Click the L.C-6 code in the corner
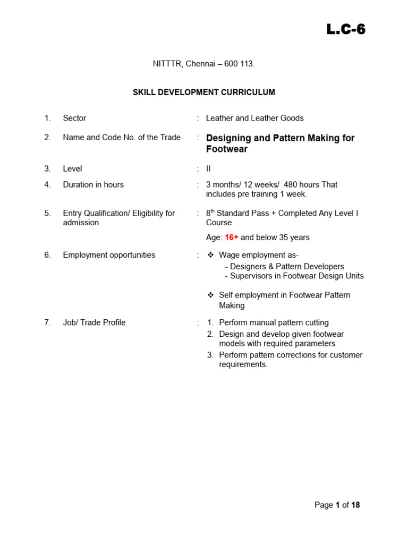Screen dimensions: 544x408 coord(346,30)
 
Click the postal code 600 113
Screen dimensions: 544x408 coord(239,64)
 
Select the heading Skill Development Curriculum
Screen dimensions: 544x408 coord(204,92)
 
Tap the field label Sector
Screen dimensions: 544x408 coord(74,118)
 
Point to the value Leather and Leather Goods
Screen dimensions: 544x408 coord(255,118)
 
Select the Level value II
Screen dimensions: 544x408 coord(209,168)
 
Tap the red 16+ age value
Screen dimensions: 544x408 coord(232,237)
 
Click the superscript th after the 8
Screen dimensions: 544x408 coord(212,211)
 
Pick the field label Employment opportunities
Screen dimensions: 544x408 coord(109,255)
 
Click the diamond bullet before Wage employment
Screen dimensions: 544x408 coord(210,255)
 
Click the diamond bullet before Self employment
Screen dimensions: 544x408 coord(210,295)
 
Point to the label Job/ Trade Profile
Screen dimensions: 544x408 coord(94,322)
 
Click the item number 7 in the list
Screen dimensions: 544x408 coord(47,322)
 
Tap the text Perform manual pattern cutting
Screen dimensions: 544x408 coord(274,322)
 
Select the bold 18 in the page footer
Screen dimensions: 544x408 coord(355,505)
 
